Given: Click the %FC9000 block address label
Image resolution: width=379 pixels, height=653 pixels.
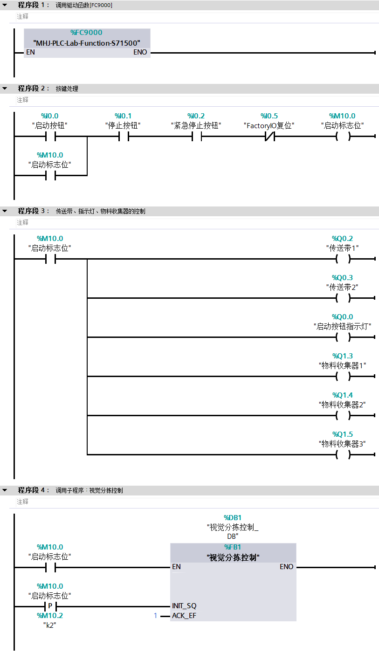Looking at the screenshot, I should [86, 33].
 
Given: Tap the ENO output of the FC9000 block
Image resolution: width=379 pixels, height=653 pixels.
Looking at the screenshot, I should [140, 52].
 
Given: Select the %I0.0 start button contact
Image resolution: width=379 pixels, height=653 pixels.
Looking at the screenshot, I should [50, 137].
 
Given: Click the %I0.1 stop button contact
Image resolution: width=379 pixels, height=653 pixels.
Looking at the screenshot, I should [123, 137].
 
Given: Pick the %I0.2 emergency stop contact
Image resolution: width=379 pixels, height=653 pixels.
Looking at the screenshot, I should [196, 137].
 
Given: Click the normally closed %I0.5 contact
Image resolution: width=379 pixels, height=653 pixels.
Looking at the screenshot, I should [269, 137].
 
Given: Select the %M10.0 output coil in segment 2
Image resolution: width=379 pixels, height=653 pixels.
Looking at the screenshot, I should [343, 137].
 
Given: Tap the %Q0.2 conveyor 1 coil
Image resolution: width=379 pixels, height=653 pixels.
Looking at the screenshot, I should [343, 259].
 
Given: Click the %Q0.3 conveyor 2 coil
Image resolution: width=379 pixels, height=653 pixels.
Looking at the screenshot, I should [343, 298].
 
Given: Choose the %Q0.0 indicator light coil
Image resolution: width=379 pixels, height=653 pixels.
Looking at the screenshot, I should [343, 337].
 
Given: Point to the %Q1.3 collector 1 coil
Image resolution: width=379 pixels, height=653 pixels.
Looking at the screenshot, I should [343, 377].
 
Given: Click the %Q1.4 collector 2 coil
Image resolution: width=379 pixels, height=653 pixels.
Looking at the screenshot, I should [343, 416].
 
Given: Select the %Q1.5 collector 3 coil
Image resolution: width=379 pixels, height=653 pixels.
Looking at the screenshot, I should [343, 455].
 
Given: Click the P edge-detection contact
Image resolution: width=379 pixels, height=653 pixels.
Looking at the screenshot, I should [50, 606].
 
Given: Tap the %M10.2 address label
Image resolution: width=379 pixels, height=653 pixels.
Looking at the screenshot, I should [50, 616].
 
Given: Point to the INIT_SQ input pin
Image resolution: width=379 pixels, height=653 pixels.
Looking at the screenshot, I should [184, 606].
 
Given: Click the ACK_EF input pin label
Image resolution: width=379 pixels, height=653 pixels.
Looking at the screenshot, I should [184, 616].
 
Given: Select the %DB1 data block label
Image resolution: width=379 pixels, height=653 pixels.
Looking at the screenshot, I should [233, 517].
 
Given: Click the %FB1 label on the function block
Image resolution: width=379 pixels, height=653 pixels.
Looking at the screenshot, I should [233, 547].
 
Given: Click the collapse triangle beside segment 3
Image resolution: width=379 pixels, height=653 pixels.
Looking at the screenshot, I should [5, 211].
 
